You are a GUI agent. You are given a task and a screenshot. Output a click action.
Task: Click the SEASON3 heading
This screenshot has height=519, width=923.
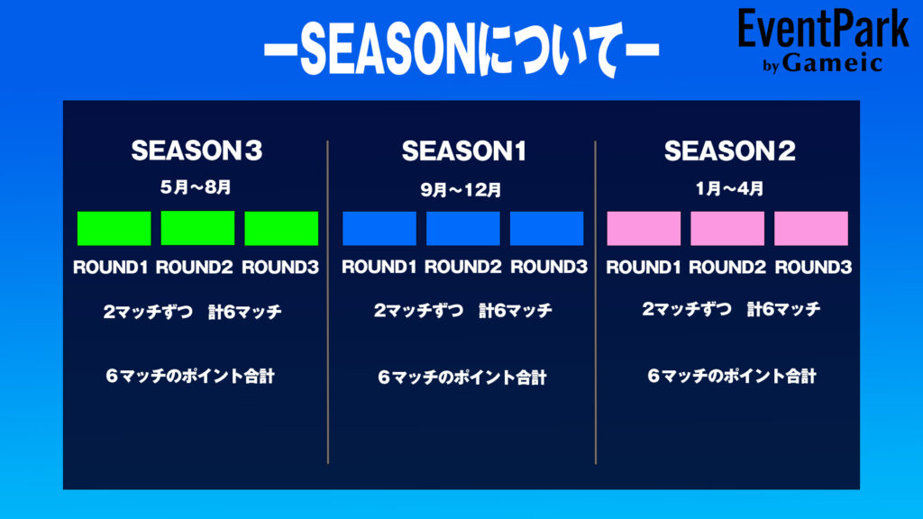(196, 150)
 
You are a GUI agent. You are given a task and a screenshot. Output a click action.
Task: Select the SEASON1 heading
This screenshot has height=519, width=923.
(464, 151)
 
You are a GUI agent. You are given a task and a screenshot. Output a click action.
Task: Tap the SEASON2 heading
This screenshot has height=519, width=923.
(730, 151)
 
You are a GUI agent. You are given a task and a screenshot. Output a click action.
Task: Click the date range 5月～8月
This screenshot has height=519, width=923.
(196, 187)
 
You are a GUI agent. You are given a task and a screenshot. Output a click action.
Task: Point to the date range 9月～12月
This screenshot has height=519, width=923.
(461, 190)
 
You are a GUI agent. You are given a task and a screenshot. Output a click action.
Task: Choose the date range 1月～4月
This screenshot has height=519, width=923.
(729, 189)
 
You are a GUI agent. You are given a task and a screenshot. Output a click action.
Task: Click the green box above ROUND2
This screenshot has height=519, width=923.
(197, 228)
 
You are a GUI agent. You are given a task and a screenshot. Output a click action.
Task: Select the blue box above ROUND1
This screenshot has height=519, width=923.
(379, 228)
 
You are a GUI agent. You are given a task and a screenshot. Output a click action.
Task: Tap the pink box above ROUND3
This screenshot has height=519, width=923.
(811, 228)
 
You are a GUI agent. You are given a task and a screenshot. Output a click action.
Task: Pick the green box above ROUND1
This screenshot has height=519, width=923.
(114, 228)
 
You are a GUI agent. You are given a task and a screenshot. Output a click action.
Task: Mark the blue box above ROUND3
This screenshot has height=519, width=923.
(547, 228)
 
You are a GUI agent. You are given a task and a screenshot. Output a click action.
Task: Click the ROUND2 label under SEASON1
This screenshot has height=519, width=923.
(462, 267)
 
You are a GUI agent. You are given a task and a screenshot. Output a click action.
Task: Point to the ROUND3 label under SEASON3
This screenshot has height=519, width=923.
(280, 267)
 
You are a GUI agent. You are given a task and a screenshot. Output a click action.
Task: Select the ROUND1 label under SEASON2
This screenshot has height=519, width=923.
(644, 267)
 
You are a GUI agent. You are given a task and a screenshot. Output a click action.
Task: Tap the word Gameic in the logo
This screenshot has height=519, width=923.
(832, 62)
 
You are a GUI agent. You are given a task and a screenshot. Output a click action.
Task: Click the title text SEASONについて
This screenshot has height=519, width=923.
(461, 49)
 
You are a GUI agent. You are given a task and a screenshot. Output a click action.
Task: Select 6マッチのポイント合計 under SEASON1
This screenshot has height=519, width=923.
(462, 378)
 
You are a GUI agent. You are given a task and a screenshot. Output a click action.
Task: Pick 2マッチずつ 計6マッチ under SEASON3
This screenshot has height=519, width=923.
(193, 311)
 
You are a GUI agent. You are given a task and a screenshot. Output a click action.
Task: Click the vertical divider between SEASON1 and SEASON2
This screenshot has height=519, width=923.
(596, 303)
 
